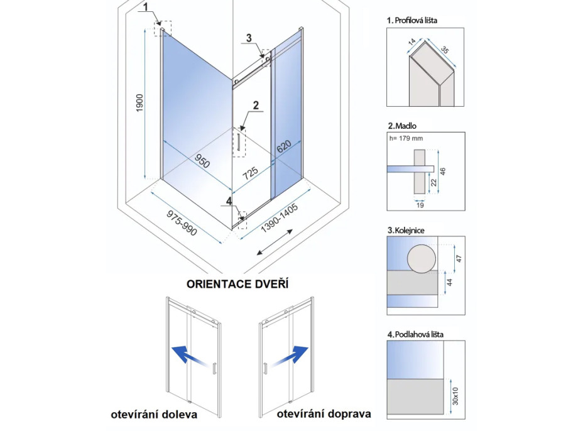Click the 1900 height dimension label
pyautogui.click(x=140, y=104)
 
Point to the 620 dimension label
pyautogui.click(x=285, y=147)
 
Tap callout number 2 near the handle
pyautogui.click(x=256, y=106)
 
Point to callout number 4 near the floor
pyautogui.click(x=229, y=201)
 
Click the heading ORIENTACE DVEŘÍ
pyautogui.click(x=237, y=284)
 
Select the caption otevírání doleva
pyautogui.click(x=154, y=414)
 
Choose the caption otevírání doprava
pyautogui.click(x=323, y=414)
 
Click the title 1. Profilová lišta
pyautogui.click(x=412, y=20)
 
